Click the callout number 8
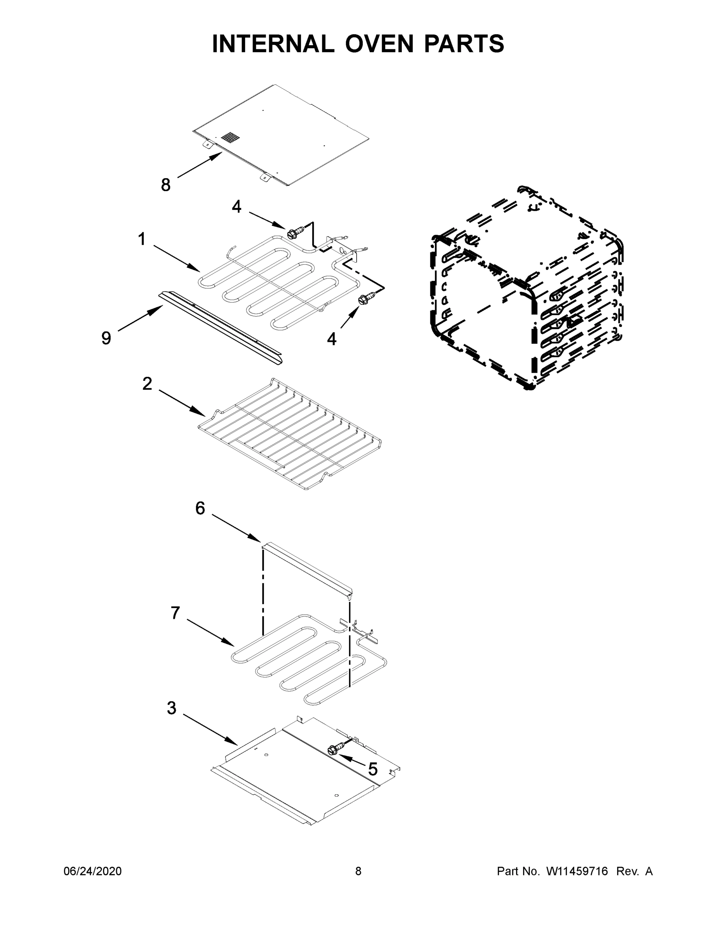[x=166, y=185]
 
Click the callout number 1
[x=142, y=239]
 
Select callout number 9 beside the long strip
[x=106, y=338]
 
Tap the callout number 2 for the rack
[x=147, y=384]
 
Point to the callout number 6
[x=200, y=508]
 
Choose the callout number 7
[x=175, y=613]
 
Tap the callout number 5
[x=372, y=769]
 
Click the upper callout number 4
[x=236, y=207]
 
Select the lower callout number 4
[x=331, y=339]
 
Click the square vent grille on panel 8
[x=230, y=137]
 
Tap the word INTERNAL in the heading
[x=273, y=44]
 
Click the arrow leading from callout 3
[x=210, y=730]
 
